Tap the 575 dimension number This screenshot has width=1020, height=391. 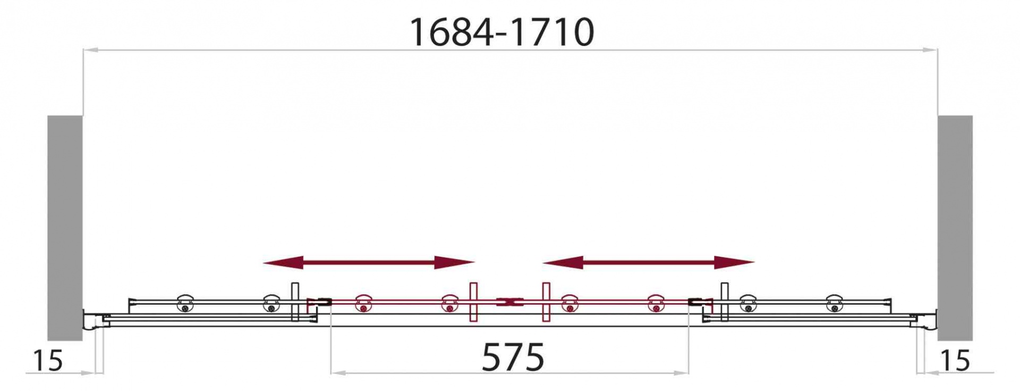pos(513,357)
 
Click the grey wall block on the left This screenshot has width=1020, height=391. pos(65,228)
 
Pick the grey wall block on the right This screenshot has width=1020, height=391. pos(955,228)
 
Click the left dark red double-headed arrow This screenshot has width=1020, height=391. pos(369,262)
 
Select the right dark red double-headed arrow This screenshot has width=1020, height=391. pos(648,262)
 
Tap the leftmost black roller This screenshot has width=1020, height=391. pos(185,303)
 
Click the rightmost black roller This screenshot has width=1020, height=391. pos(834,303)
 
